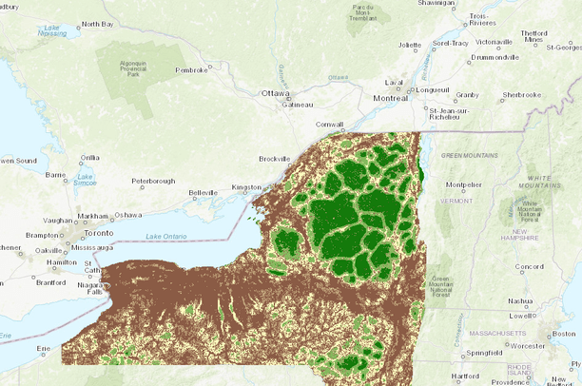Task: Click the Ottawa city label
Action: coord(276,93)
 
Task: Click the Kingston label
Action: coord(244,188)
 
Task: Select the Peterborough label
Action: coord(153,180)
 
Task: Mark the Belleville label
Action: coord(204,192)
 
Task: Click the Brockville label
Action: coord(276,159)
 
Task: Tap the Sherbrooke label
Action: coord(522,94)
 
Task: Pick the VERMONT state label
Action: coord(457,201)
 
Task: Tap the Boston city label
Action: coord(565,334)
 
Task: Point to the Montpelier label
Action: coord(464,184)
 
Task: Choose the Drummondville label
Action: coord(494,57)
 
